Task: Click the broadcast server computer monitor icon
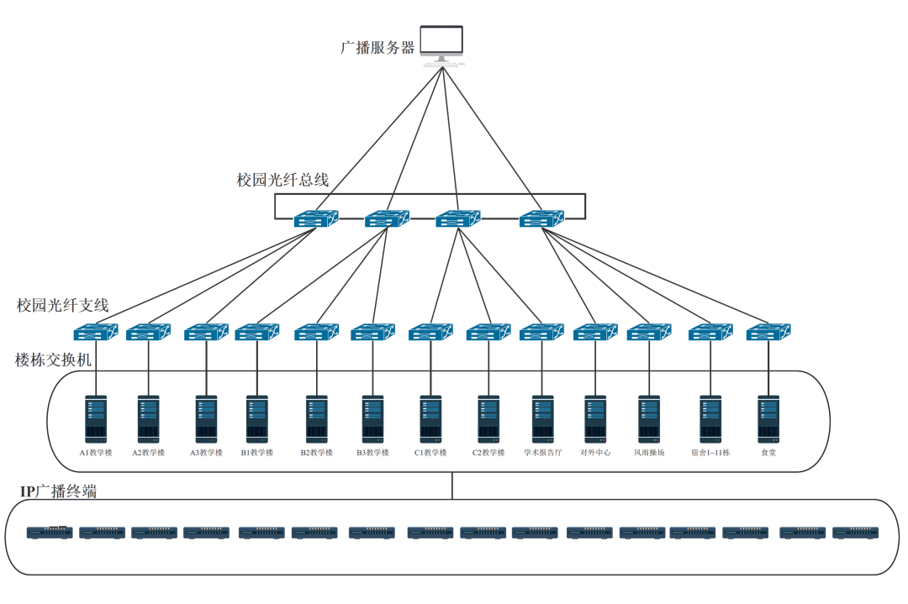[442, 44]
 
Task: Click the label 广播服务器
[377, 48]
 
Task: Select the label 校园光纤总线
[282, 180]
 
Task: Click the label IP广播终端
[58, 492]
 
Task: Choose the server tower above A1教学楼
[95, 418]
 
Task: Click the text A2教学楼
[149, 453]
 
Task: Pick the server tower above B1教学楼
[257, 418]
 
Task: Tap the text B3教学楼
[372, 453]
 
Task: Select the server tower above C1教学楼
[430, 418]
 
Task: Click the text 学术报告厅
[542, 453]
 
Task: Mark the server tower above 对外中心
[595, 418]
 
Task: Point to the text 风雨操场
[649, 453]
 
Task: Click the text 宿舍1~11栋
[710, 453]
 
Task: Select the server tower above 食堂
[768, 418]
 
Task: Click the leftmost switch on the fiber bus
[316, 219]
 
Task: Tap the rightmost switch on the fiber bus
[541, 219]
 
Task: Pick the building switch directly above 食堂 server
[769, 333]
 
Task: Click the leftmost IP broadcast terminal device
[50, 532]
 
